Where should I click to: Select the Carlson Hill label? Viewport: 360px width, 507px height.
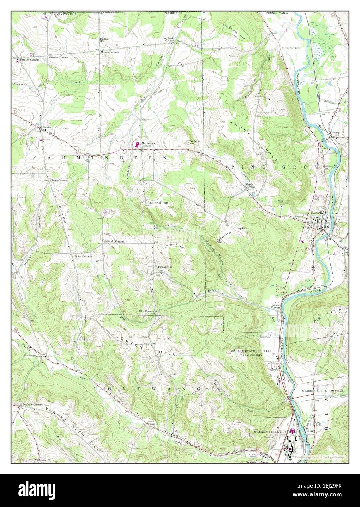[105, 40]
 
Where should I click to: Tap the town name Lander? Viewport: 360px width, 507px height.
[47, 127]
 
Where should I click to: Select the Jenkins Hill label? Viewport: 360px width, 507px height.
[194, 143]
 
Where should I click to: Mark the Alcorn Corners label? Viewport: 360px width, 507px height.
[59, 180]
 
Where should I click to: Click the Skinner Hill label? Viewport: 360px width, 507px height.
[158, 202]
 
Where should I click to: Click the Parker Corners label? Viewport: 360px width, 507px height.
[82, 256]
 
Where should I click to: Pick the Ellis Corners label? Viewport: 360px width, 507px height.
[147, 311]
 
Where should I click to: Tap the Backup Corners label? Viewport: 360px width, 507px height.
[275, 306]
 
